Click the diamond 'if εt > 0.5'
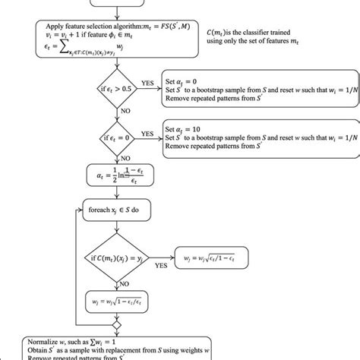click(116, 86)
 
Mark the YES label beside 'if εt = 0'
click(147, 132)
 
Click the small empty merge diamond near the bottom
click(116, 325)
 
